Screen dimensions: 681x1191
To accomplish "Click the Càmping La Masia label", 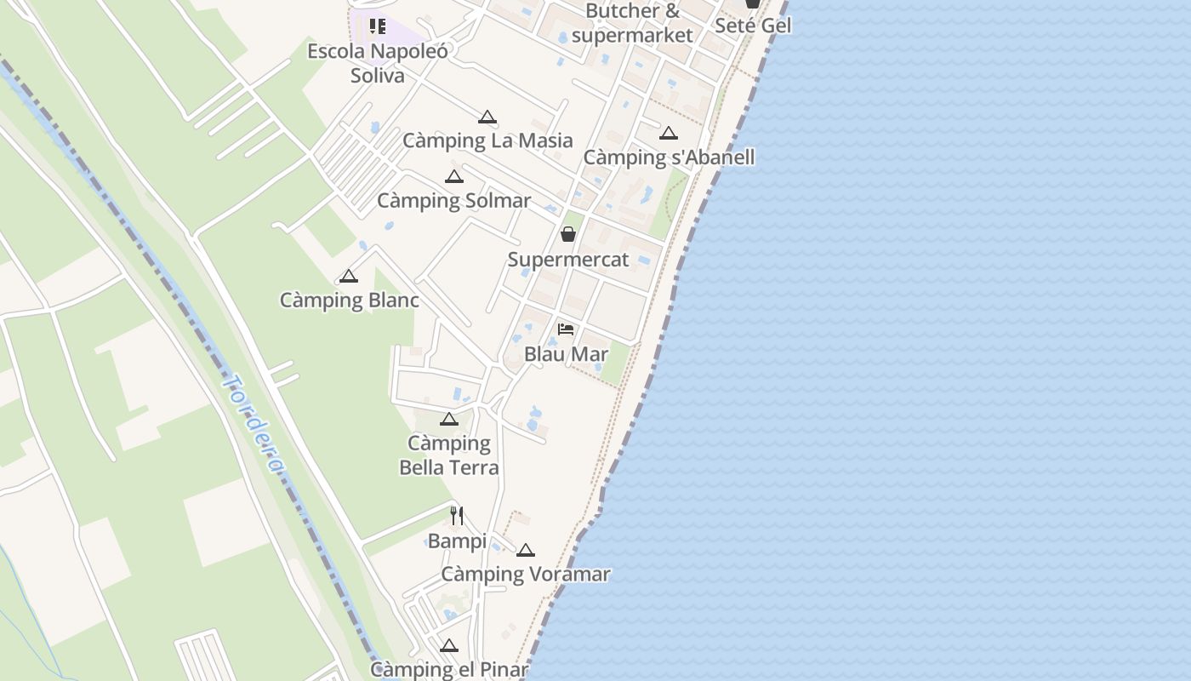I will point(487,140).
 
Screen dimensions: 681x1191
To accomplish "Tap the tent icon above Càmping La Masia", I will point(487,117).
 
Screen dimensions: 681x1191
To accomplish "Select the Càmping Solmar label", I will point(453,201).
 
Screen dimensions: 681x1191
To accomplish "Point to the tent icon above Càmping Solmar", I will point(454,177).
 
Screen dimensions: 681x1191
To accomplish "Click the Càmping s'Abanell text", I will point(669,157).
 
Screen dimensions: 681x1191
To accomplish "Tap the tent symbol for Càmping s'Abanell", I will point(669,134).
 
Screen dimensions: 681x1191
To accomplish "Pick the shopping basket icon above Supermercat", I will point(568,234).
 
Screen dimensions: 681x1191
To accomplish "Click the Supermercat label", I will point(568,260).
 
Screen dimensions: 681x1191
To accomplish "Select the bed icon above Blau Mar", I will point(566,329).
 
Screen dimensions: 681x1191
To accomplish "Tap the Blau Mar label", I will point(566,354).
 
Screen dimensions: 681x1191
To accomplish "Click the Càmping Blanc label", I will point(350,300).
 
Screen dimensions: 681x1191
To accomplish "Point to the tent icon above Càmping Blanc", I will point(348,277).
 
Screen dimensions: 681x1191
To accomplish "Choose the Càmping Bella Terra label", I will point(449,455).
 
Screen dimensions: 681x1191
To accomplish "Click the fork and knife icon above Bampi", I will point(457,516).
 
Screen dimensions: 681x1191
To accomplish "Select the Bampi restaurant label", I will point(457,541).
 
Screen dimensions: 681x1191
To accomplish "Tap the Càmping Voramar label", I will point(525,575).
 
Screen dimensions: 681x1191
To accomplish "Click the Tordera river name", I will point(253,423).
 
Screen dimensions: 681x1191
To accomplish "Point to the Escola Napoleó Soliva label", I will point(378,63).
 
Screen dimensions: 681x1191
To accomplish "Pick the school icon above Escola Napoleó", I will point(378,26).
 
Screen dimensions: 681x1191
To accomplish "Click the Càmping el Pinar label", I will point(449,670).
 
